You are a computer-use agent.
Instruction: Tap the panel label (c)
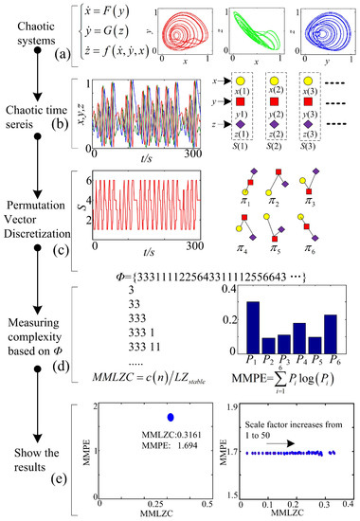point(63,250)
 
